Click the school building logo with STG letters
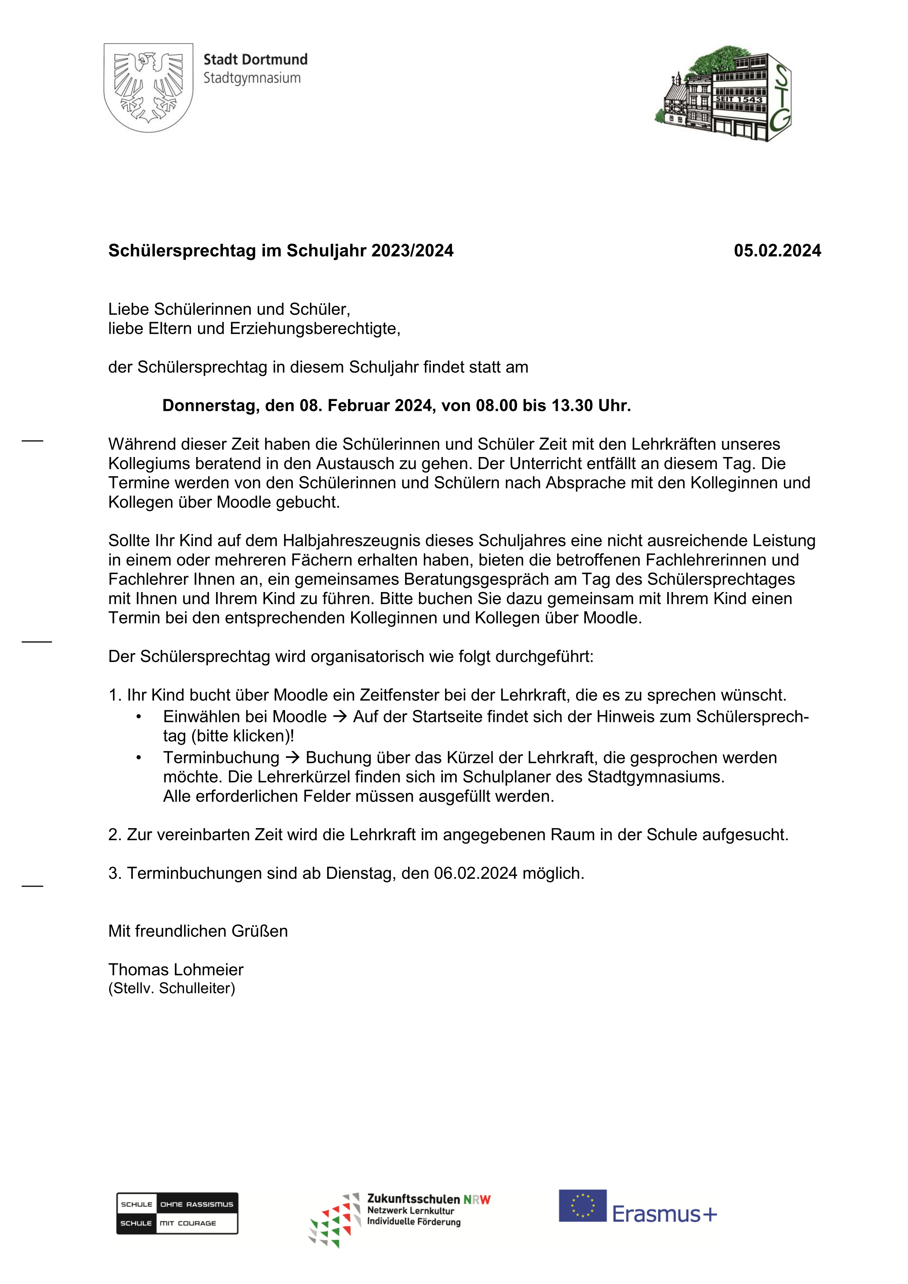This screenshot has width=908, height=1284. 724,93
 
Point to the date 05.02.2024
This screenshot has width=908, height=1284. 777,251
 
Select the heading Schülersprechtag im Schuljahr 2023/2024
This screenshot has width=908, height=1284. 281,251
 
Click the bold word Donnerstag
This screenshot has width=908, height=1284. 210,405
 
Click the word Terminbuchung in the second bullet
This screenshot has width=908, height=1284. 221,758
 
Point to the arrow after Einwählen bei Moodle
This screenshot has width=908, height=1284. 340,716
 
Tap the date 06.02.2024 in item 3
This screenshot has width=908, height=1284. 475,873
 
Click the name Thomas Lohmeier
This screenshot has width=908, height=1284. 176,969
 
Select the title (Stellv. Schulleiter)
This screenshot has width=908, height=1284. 172,988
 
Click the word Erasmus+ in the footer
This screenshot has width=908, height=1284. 664,1214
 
